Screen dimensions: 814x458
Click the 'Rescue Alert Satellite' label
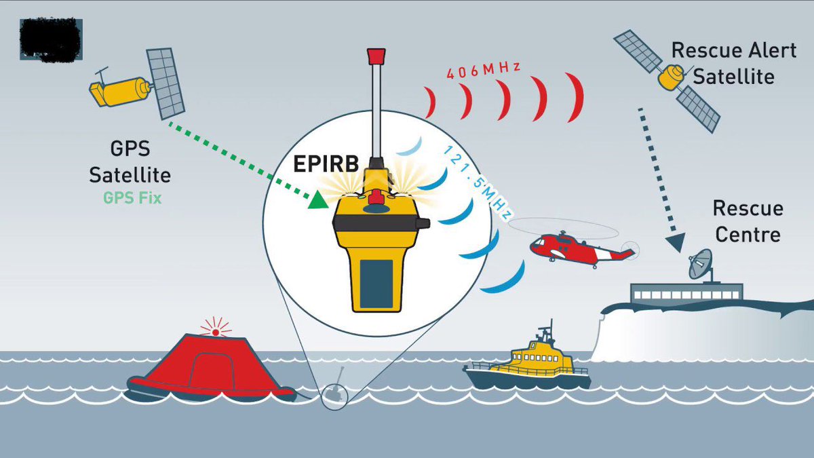coord(733,63)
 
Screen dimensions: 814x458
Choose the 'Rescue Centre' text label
coord(748,221)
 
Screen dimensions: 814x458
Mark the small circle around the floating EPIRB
coord(333,396)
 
